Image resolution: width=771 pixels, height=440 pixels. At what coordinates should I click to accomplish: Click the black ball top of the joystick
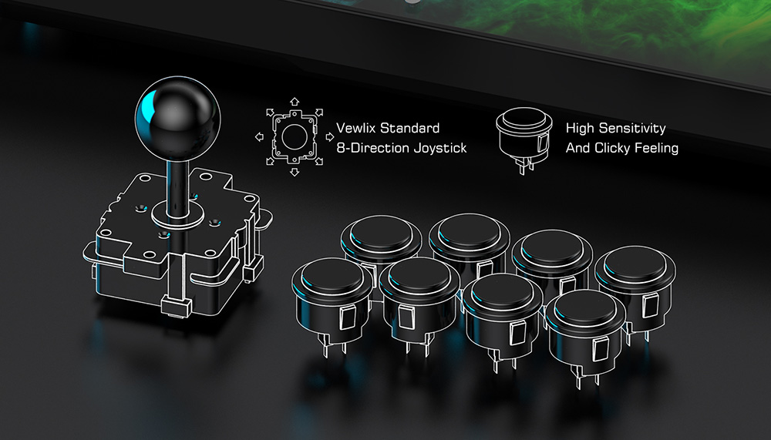tap(177, 119)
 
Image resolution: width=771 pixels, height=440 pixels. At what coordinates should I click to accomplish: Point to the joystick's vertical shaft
tap(177, 186)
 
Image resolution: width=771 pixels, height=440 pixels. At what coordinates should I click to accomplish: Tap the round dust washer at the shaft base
tap(177, 214)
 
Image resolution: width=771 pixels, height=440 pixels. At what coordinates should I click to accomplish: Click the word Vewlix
tap(356, 129)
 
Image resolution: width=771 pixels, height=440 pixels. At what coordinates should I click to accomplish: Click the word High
tap(580, 129)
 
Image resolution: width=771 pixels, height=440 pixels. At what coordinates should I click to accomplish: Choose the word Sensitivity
tap(632, 129)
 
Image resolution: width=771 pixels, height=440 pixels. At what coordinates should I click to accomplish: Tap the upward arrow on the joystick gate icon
tap(295, 101)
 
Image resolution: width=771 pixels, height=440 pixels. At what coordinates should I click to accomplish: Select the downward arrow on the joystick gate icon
tap(295, 172)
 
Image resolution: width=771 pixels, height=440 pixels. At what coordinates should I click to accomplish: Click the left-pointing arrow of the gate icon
tap(259, 136)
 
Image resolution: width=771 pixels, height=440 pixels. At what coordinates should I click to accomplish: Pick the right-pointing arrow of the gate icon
tap(330, 136)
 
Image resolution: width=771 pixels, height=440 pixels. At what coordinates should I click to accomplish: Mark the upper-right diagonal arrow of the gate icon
tap(319, 113)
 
